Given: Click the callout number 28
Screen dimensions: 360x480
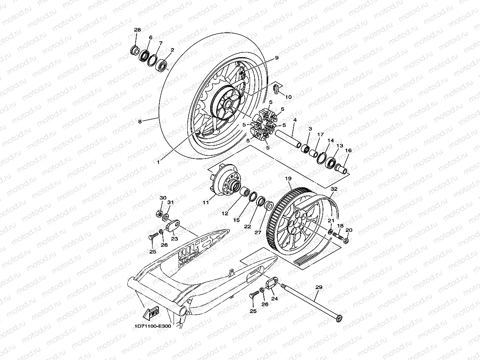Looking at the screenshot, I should point(137,30).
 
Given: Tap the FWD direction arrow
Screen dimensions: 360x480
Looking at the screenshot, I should point(151,313).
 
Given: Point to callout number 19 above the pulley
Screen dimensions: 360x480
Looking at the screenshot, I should point(288,179).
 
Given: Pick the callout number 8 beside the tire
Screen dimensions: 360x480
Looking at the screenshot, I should point(139,121).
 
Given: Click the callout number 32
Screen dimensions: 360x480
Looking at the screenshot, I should point(334,189).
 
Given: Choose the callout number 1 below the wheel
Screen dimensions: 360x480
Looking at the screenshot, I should point(158,161).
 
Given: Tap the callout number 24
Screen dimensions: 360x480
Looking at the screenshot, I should point(275,298).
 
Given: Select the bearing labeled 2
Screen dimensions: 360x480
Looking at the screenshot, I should point(162,64).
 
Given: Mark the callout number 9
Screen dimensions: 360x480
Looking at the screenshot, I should point(276,58).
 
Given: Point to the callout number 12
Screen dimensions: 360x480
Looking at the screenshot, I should point(226,213).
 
